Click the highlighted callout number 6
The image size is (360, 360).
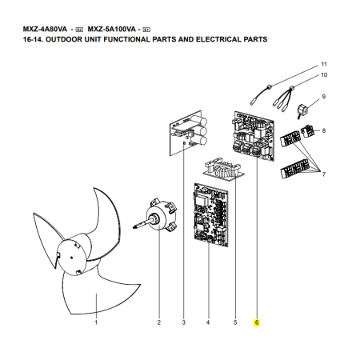(x=257, y=322)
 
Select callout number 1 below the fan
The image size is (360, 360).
(x=96, y=322)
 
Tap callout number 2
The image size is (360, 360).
(x=159, y=322)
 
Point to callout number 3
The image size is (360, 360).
(x=184, y=322)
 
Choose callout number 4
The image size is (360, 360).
(x=208, y=322)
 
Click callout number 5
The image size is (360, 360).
(x=235, y=322)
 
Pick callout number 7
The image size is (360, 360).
(x=324, y=174)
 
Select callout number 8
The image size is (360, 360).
(x=324, y=130)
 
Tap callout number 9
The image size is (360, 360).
(x=324, y=97)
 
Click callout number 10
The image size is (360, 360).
(x=324, y=75)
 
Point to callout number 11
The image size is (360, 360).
(x=324, y=64)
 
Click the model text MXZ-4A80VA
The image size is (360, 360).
(x=45, y=29)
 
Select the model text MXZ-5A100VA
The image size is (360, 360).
(x=112, y=29)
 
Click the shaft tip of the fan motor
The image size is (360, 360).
(x=134, y=227)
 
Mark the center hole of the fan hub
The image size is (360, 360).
(x=71, y=258)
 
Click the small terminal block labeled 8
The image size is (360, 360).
(x=306, y=131)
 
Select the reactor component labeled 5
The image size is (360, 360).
(x=224, y=170)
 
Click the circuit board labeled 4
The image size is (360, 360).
(x=211, y=215)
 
